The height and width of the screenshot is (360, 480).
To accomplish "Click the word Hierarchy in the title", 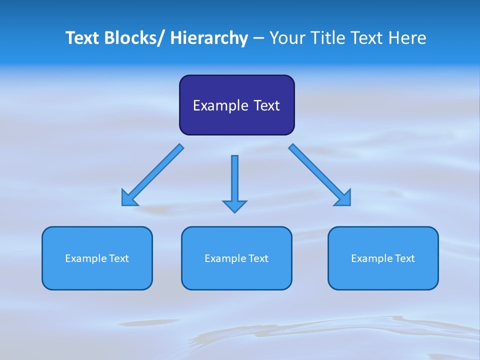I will pyautogui.click(x=209, y=38).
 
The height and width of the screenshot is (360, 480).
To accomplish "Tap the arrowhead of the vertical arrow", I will pyautogui.click(x=234, y=206).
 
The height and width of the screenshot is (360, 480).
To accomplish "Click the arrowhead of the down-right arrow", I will pyautogui.click(x=344, y=198).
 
